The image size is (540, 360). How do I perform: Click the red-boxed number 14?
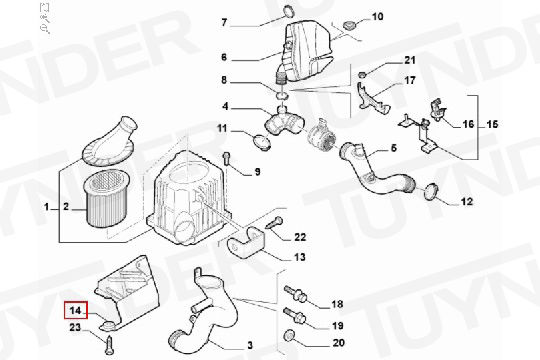pos(76,310)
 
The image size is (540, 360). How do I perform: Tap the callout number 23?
pos(75,327)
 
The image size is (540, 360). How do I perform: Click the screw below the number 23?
pos(110,345)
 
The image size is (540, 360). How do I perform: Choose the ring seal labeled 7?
pos(289,11)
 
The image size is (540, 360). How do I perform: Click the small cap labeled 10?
pos(350,25)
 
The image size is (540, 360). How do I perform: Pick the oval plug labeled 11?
pos(262,142)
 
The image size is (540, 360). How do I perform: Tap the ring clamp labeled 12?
pos(430,191)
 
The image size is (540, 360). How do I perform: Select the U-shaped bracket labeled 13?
pos(247,241)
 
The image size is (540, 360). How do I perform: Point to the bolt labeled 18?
pos(296,294)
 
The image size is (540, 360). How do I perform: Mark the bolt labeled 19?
pos(294,316)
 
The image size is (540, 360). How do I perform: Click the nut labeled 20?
pos(289,335)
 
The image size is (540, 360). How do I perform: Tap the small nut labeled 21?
pos(362,74)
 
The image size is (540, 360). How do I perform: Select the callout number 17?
pos(409,81)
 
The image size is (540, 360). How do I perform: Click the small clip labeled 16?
pos(437,109)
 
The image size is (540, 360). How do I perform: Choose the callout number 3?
pos(250,344)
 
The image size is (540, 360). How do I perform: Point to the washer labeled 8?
pos(282,94)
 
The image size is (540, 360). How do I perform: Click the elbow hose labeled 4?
pos(284,121)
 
